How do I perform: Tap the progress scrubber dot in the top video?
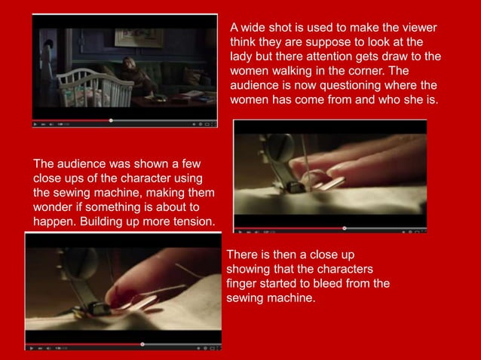tap(111, 120)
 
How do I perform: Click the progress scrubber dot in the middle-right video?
tap(345, 227)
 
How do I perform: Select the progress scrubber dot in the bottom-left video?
tap(143, 343)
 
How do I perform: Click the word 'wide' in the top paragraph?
tap(256, 28)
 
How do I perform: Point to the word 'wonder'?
tap(54, 206)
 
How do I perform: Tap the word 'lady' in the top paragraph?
tap(241, 56)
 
